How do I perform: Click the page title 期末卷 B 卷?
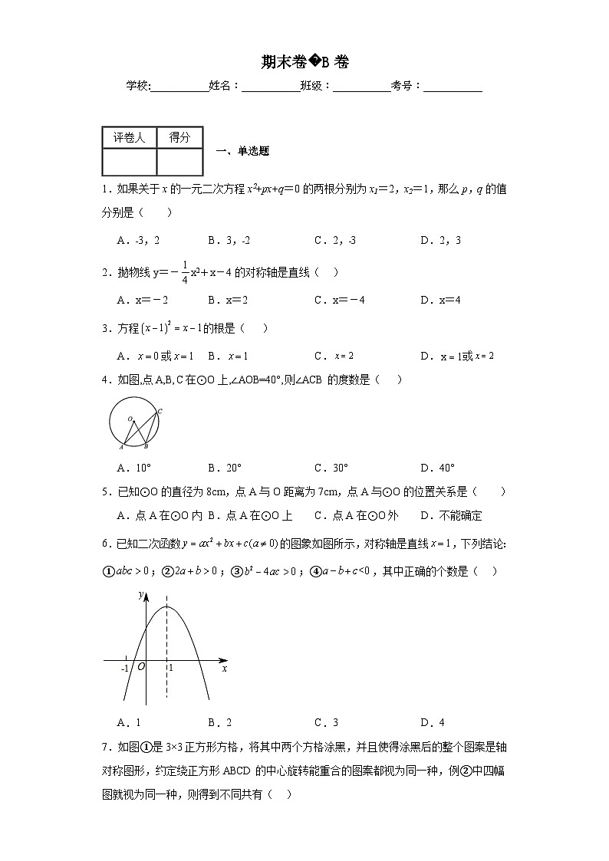[x=304, y=62]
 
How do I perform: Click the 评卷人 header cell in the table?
[x=129, y=137]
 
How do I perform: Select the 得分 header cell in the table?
[x=179, y=137]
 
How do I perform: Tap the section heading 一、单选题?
[x=243, y=151]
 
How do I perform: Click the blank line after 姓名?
[x=271, y=87]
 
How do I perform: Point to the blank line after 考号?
[x=453, y=87]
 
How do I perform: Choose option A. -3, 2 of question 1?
[x=139, y=240]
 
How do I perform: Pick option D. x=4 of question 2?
[x=440, y=300]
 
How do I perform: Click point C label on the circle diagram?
[x=160, y=412]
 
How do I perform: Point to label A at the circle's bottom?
[x=120, y=447]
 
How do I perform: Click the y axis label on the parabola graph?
[x=140, y=594]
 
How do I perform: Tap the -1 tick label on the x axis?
[x=125, y=669]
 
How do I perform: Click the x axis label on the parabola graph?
[x=224, y=669]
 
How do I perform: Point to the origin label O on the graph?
[x=141, y=667]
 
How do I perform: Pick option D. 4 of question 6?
[x=433, y=722]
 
